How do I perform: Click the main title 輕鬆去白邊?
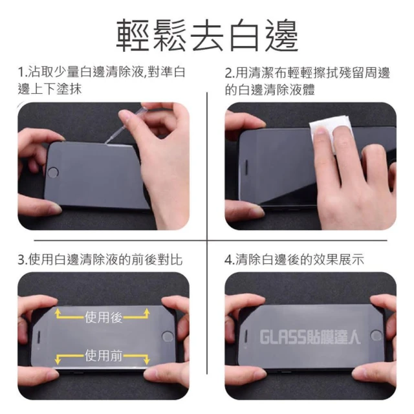[x=207, y=36]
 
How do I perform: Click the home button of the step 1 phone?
[x=52, y=173]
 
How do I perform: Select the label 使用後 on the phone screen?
[x=103, y=317]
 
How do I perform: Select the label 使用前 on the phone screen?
[x=103, y=356]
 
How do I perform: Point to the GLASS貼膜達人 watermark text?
[x=310, y=338]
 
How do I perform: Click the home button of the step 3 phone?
[x=167, y=337]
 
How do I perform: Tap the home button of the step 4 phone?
[x=376, y=335]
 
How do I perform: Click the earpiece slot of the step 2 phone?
[x=247, y=167]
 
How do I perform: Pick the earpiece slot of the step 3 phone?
[x=39, y=337]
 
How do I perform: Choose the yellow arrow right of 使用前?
[x=136, y=359]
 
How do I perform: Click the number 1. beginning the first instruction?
[x=23, y=72]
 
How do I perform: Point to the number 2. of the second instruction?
[x=230, y=73]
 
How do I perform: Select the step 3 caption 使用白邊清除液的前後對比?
[x=105, y=259]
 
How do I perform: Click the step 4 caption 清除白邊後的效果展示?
[x=300, y=259]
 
